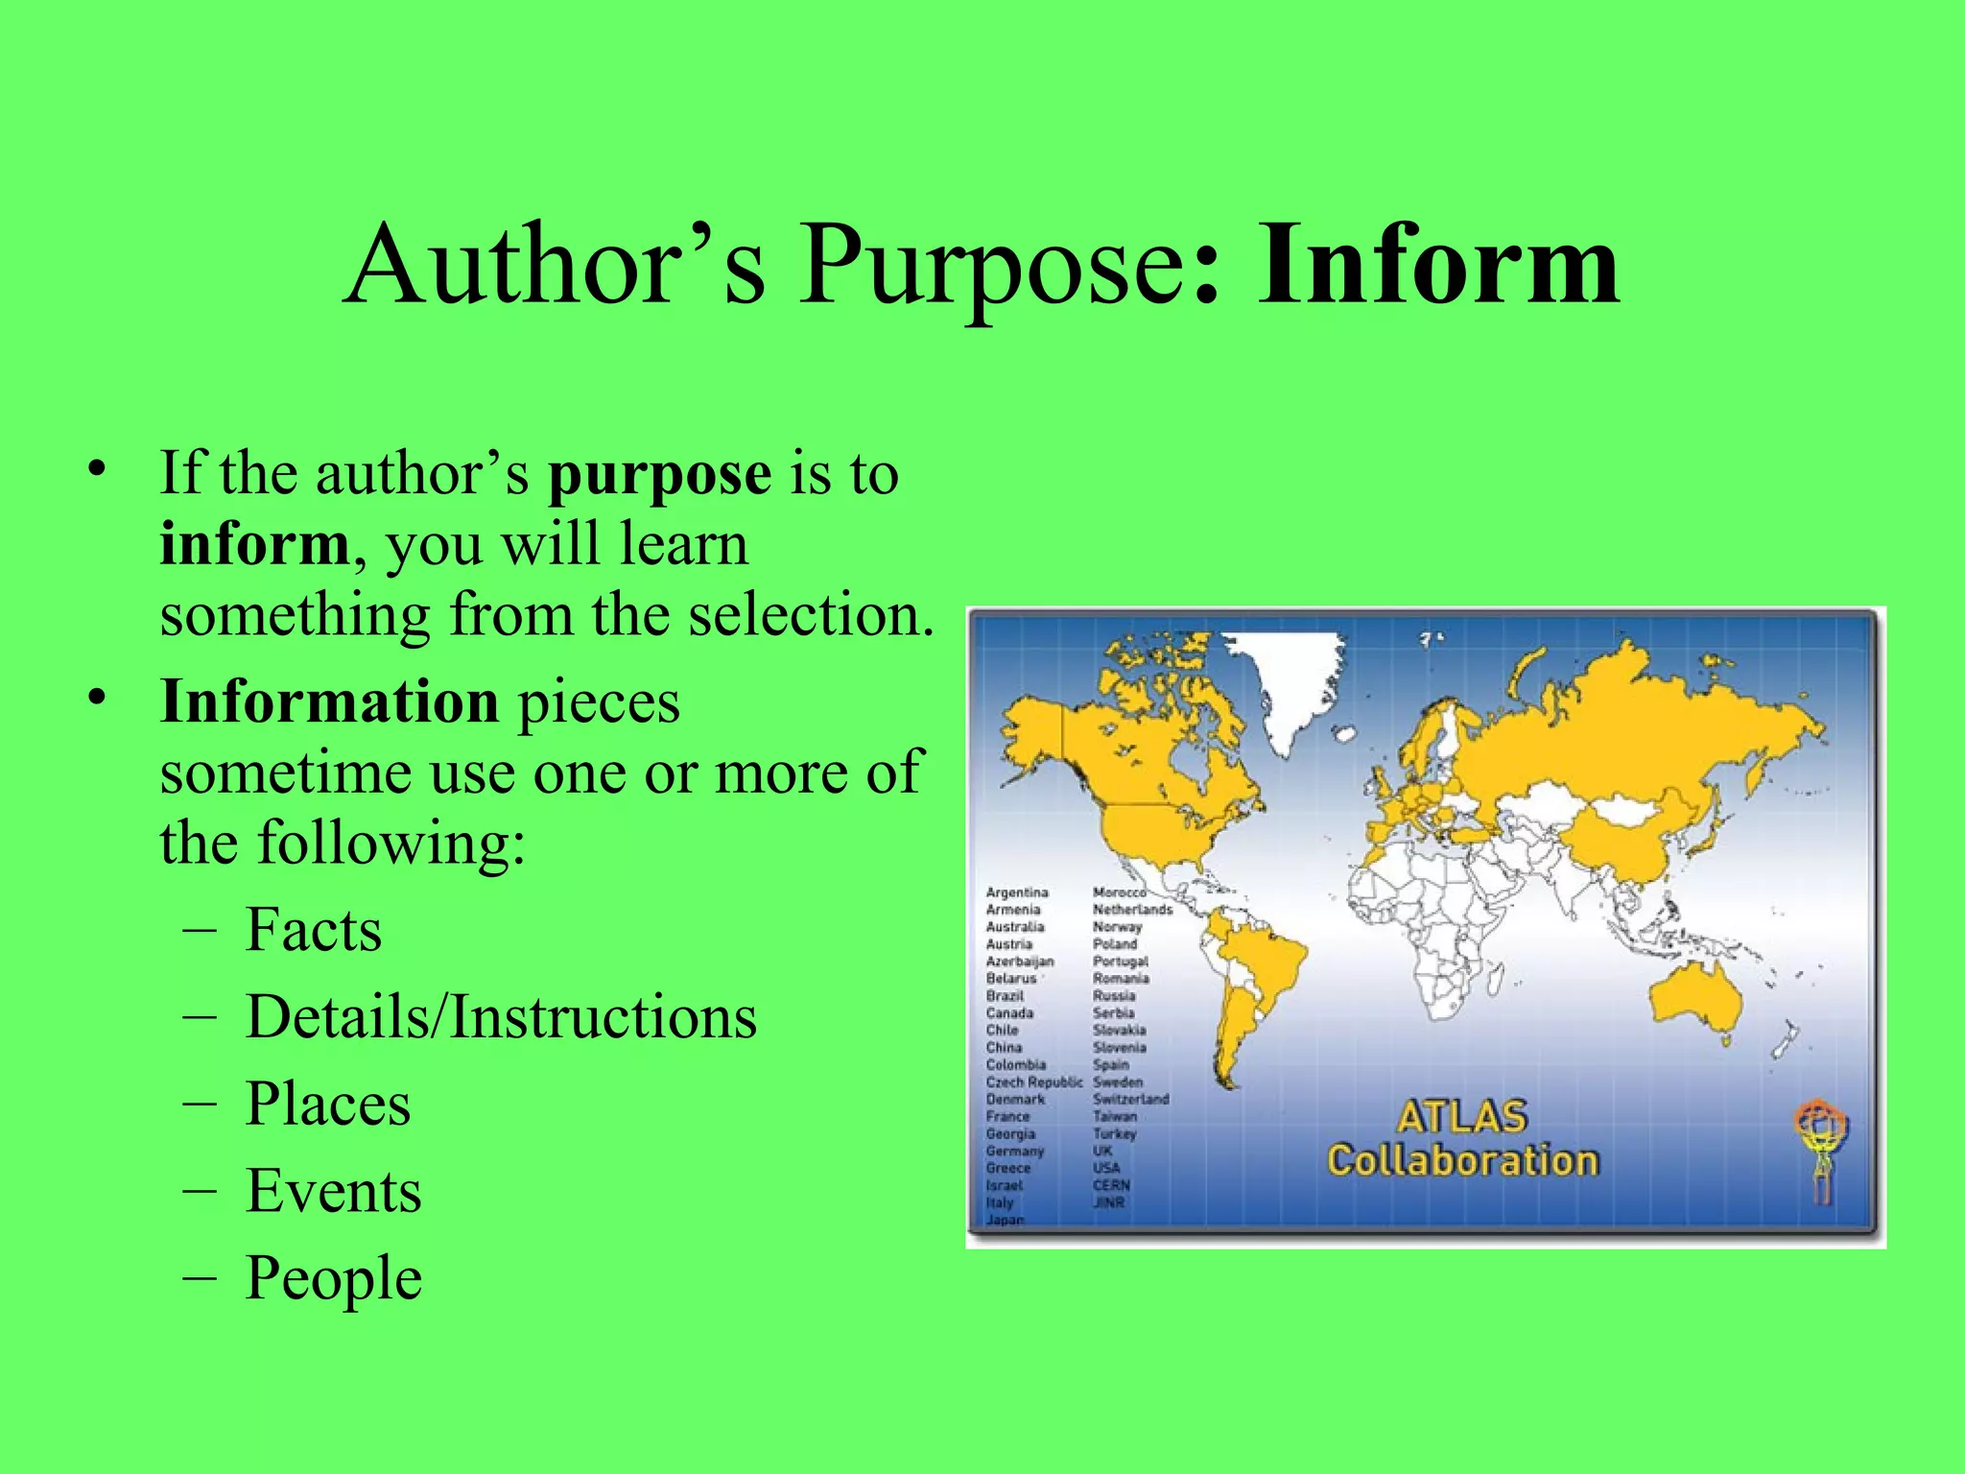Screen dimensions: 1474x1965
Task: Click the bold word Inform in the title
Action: pos(1438,264)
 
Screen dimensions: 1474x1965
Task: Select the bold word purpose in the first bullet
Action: pos(659,473)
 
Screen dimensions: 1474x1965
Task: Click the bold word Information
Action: pos(329,701)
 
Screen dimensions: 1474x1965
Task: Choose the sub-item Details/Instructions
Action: pos(501,1016)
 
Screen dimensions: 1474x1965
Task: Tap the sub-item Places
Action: pos(328,1104)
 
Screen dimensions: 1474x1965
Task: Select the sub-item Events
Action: pos(333,1191)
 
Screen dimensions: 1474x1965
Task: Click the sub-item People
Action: pos(334,1278)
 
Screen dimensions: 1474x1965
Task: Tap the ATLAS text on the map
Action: pos(1461,1117)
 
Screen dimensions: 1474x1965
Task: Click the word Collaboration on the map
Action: pos(1462,1161)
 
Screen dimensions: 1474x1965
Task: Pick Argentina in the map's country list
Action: pos(1017,892)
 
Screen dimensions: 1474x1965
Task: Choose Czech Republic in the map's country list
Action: pos(1033,1082)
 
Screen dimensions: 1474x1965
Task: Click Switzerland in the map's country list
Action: pos(1130,1100)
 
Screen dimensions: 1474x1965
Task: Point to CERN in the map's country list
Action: pos(1111,1185)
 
